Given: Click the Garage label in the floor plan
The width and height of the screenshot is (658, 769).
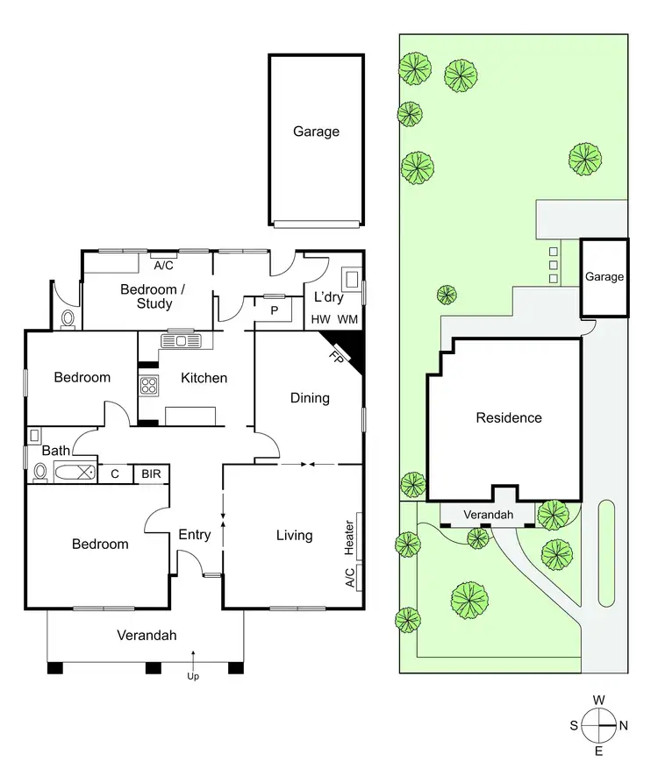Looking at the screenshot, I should click(x=316, y=132).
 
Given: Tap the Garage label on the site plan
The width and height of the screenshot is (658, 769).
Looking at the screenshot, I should click(x=604, y=277).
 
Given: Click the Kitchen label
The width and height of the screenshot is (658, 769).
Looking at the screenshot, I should click(x=204, y=378).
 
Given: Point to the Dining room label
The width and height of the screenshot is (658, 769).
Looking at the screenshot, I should click(x=310, y=397).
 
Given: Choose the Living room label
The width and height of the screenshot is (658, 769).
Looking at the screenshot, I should click(x=294, y=535).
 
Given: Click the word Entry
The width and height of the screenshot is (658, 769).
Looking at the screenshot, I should click(x=194, y=534).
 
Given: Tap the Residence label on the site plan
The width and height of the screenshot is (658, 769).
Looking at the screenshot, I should click(x=509, y=417).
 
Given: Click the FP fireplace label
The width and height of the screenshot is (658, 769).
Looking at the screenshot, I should click(x=337, y=357).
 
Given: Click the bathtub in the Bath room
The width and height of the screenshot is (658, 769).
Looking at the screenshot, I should click(x=74, y=474).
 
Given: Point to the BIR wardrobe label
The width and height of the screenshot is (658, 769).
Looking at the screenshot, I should click(x=151, y=474).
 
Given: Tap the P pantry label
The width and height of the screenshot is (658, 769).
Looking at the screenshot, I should click(x=274, y=310).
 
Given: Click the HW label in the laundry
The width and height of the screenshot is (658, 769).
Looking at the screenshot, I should click(x=320, y=320).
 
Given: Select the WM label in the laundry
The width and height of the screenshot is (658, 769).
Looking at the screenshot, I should click(x=347, y=320).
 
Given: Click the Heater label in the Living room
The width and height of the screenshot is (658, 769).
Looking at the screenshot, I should click(x=350, y=538).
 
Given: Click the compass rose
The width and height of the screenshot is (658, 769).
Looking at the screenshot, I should click(x=599, y=726).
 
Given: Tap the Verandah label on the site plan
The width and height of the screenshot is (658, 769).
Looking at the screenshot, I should click(x=489, y=515).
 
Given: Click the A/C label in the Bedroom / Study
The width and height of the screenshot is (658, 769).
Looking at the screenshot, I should click(x=162, y=264).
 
